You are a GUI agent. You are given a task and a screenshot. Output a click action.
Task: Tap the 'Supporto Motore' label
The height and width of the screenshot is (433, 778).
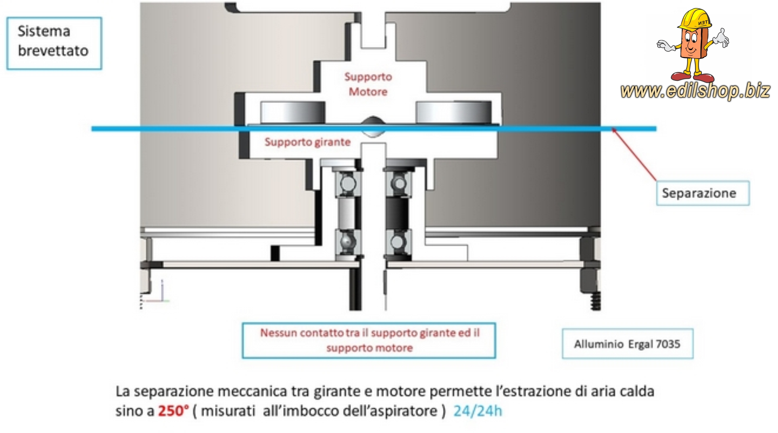(368, 84)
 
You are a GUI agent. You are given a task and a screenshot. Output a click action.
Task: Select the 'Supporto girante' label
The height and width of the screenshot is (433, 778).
(307, 142)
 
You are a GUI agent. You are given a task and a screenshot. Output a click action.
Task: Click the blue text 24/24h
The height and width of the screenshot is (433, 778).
(478, 411)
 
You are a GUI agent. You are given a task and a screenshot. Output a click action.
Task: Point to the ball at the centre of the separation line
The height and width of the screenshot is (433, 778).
(373, 126)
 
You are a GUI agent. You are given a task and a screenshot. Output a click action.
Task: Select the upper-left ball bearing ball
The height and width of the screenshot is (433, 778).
(347, 183)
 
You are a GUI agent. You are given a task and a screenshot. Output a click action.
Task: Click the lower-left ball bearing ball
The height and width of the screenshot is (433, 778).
(347, 242)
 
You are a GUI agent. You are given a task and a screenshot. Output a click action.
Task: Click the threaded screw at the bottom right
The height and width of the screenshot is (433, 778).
(596, 301)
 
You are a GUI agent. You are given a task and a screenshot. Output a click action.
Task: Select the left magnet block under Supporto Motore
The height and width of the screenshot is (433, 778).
(293, 113)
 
